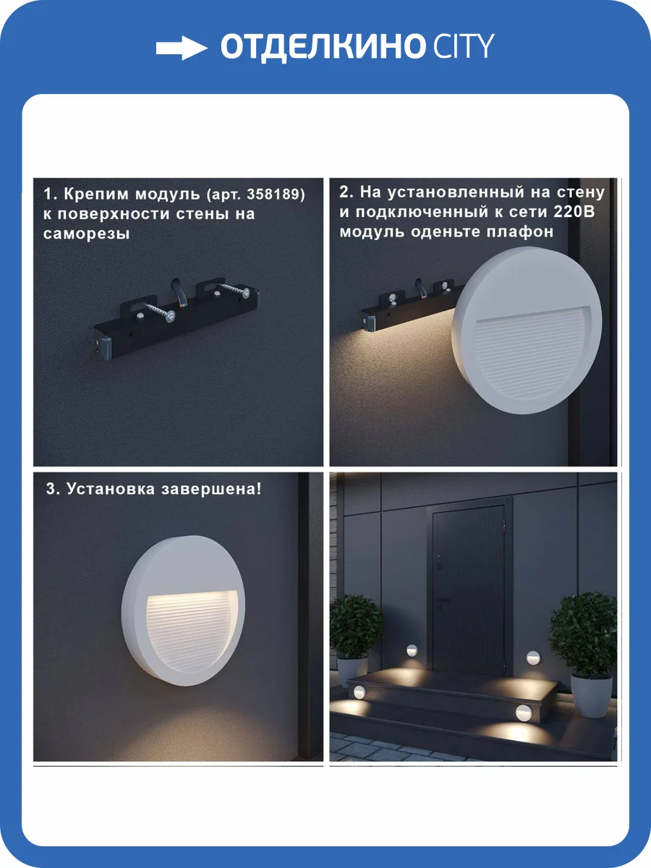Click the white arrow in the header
tap(181, 48)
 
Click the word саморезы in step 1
tap(87, 234)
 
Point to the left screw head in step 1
tap(170, 317)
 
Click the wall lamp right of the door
tap(533, 658)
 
